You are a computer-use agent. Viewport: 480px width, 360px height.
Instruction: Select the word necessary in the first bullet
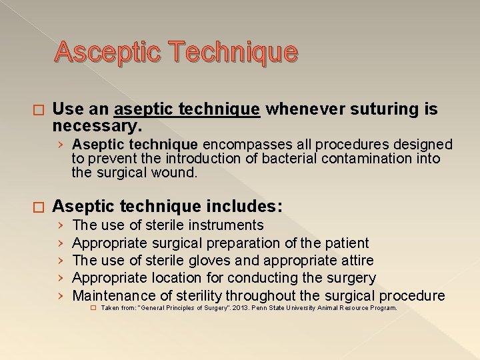[x=95, y=125]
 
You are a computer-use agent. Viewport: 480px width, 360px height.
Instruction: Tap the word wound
[x=178, y=172]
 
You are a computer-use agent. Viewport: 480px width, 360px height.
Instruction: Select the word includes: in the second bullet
[x=240, y=206]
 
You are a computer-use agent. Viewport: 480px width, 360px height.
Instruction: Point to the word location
[x=176, y=277]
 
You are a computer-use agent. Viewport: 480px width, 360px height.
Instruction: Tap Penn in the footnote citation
[x=257, y=309]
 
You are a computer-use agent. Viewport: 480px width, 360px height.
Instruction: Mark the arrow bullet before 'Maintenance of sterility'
[x=60, y=295]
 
